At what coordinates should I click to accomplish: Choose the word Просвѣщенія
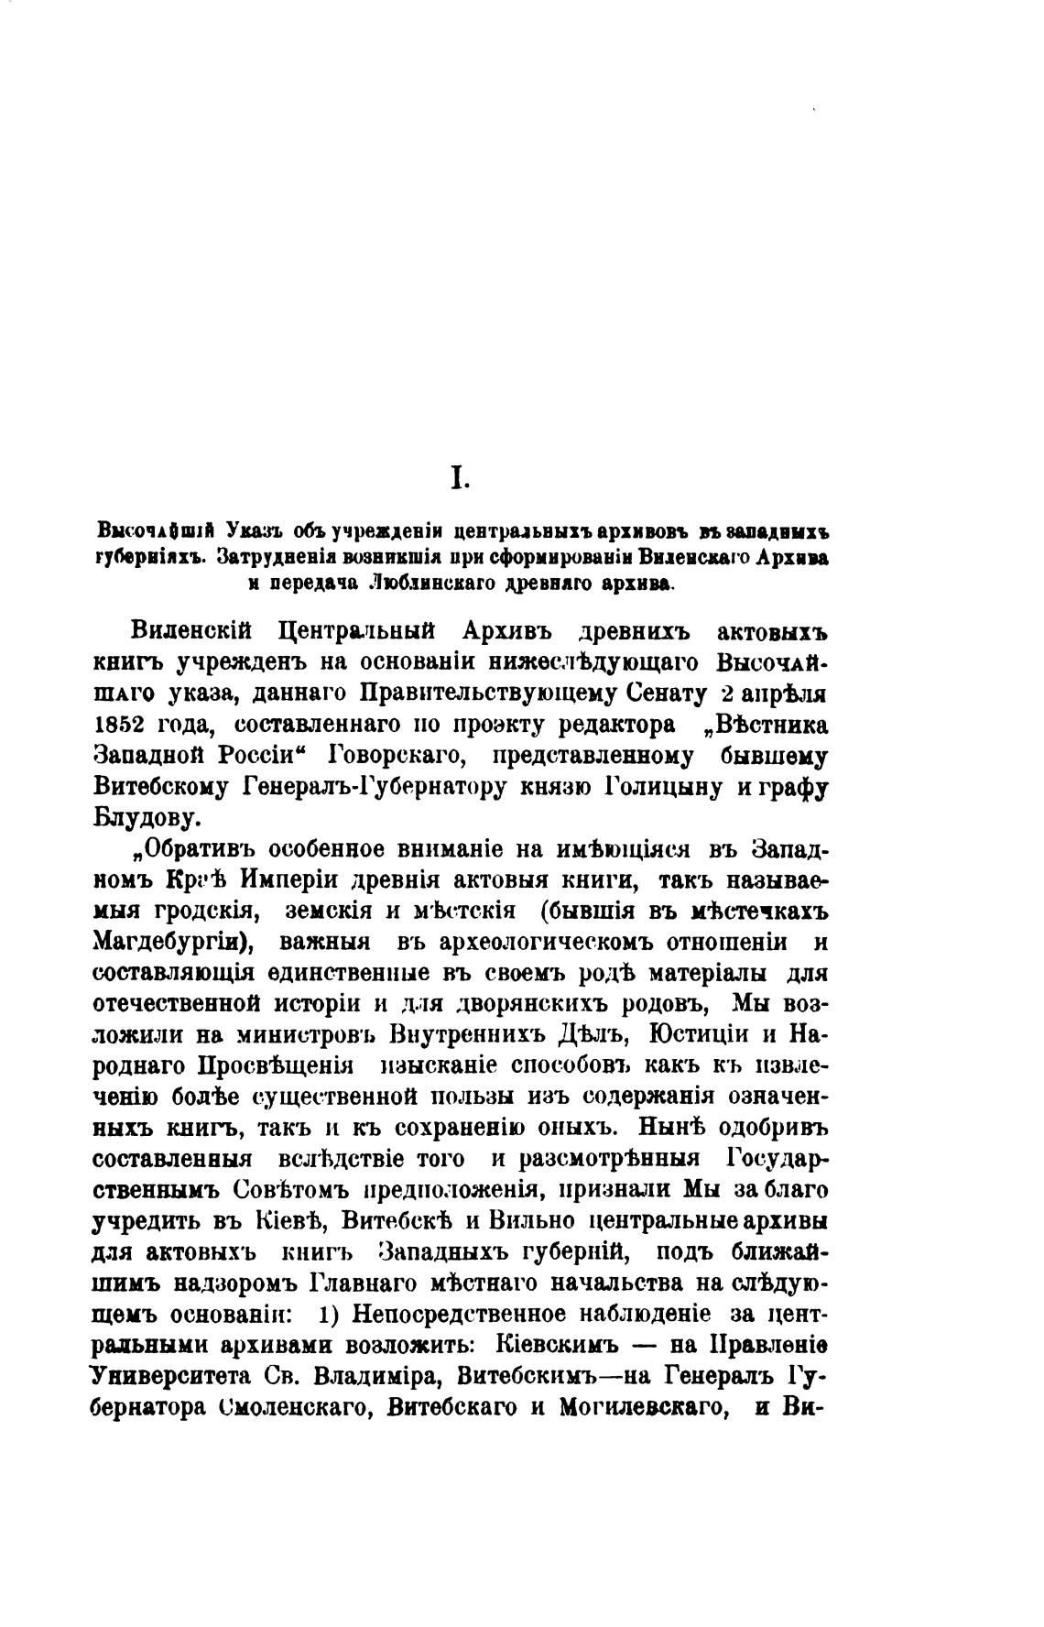(275, 1065)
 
